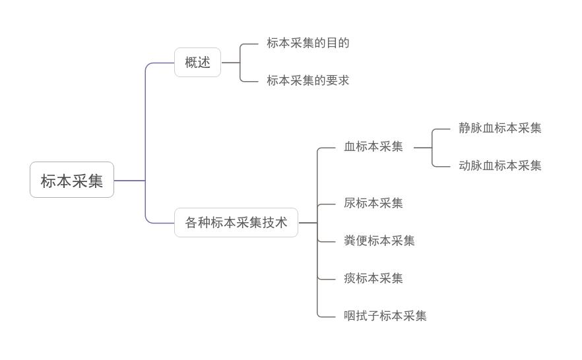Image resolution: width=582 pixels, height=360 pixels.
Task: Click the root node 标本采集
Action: tap(72, 180)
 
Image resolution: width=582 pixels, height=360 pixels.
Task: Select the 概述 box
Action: tap(197, 63)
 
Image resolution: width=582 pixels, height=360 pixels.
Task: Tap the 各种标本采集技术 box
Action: tap(236, 223)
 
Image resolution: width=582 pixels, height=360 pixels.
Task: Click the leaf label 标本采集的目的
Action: tap(307, 44)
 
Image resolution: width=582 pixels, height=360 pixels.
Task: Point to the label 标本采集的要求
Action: tap(307, 81)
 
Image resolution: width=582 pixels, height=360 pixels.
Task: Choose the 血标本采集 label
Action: tap(373, 147)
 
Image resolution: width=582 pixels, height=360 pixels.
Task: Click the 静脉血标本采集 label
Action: tap(500, 129)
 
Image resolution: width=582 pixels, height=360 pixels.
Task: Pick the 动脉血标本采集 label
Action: tap(500, 166)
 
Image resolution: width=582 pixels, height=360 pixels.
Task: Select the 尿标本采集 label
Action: tap(373, 204)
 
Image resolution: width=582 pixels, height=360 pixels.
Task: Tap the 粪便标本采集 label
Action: tap(379, 241)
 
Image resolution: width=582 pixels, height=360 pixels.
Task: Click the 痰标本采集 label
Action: tap(373, 279)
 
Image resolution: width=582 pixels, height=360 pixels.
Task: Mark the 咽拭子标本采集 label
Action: tap(385, 316)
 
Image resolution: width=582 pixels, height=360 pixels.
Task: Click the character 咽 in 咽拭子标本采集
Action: tap(350, 316)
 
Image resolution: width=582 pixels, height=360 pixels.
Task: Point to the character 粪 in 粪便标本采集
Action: tap(350, 241)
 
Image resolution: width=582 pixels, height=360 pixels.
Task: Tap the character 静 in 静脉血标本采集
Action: tap(465, 129)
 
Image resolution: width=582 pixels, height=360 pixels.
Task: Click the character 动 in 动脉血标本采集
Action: tap(465, 166)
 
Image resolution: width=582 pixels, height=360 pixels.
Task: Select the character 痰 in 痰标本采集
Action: tap(350, 279)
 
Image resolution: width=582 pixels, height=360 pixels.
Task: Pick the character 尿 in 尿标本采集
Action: tap(350, 204)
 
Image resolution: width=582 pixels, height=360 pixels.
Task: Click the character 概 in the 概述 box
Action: tap(191, 63)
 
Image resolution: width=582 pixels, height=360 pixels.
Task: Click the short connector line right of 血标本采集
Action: tap(422, 148)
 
